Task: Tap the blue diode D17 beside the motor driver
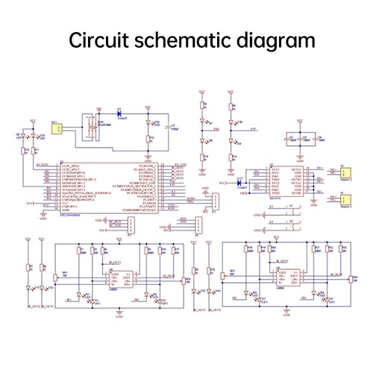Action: [239, 181]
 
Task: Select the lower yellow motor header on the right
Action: [345, 200]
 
